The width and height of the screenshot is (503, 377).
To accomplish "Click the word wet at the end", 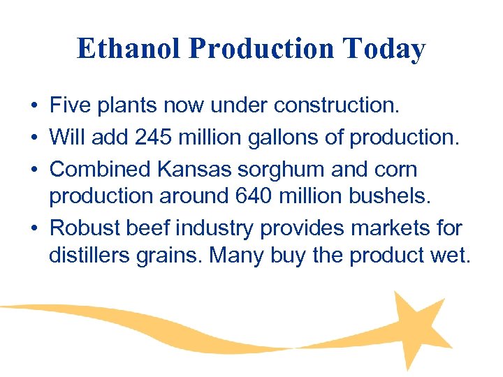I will (454, 256).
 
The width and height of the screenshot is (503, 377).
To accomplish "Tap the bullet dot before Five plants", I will (34, 107).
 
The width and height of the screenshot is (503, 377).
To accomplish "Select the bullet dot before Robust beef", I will (34, 229).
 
